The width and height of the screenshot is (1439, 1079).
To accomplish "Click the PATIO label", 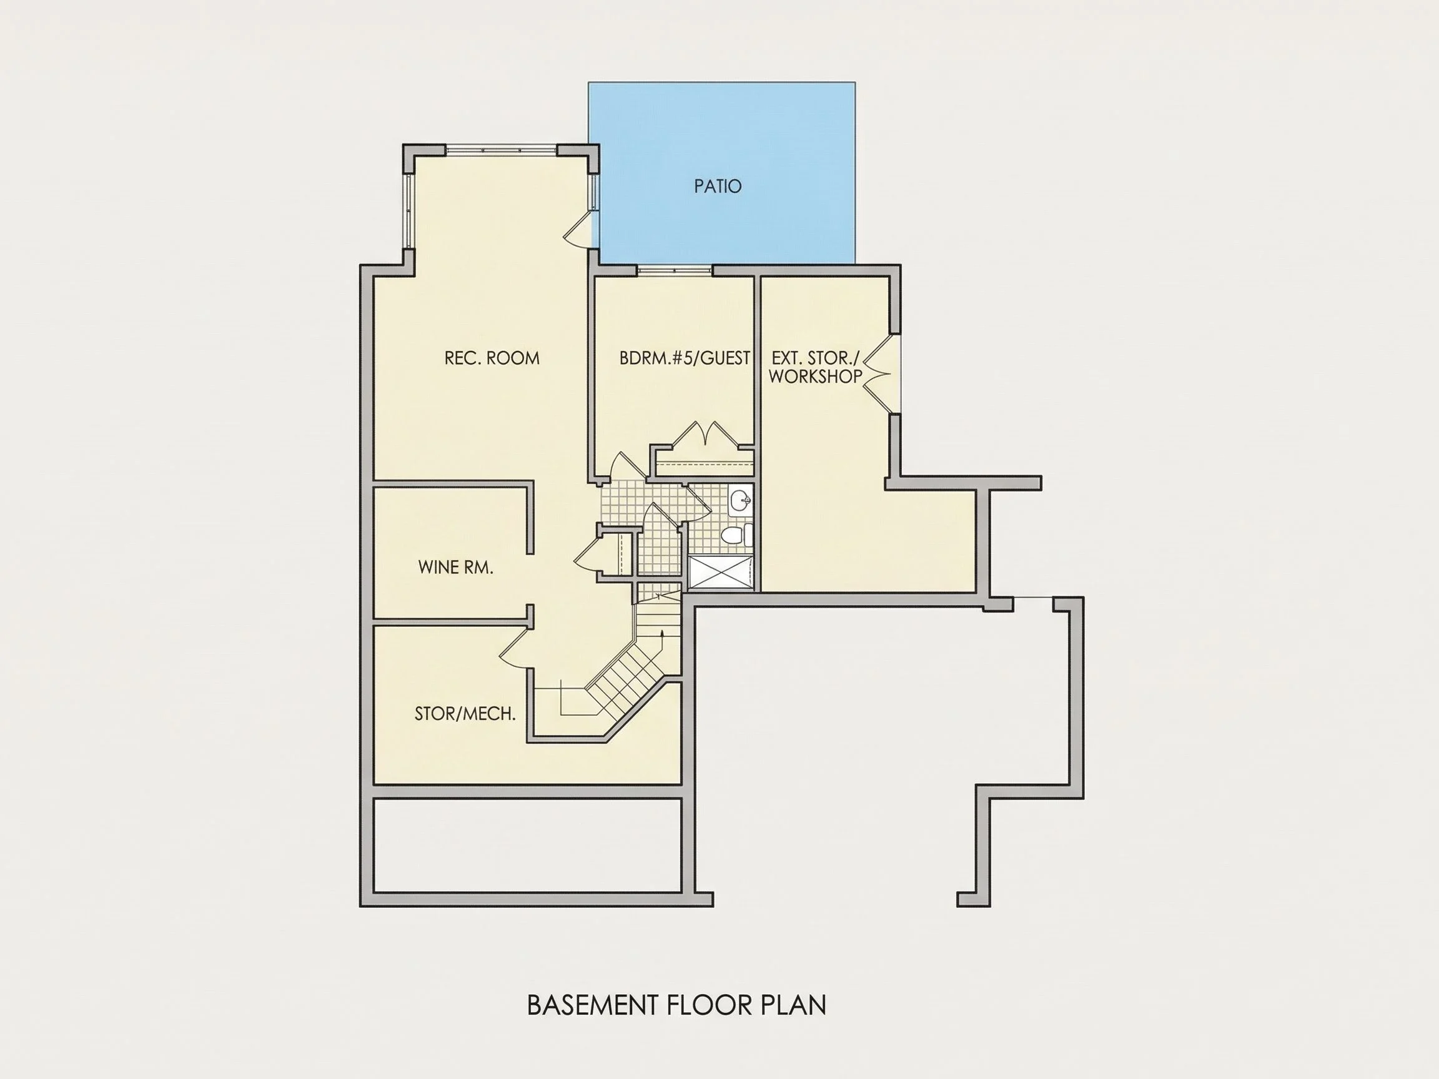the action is click(718, 187).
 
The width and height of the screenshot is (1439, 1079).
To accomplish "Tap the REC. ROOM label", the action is click(492, 358).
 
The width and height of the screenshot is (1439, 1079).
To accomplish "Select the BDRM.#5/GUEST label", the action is click(685, 358).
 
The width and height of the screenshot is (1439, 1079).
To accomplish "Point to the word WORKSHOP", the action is click(815, 377).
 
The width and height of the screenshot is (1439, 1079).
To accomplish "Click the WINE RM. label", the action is click(455, 567).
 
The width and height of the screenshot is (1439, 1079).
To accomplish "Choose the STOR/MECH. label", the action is click(465, 714).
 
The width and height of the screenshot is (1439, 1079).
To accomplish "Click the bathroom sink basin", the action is click(740, 501).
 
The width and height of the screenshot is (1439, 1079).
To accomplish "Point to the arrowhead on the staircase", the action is click(661, 632).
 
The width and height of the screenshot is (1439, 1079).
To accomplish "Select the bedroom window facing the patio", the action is click(675, 269).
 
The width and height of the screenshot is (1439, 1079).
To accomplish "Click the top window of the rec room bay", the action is click(501, 150).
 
